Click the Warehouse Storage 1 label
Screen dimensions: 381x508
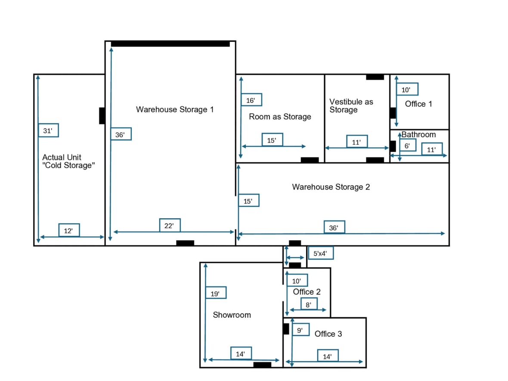(175, 109)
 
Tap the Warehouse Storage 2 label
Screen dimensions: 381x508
(331, 187)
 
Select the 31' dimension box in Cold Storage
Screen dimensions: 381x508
(48, 130)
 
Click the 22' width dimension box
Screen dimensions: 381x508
(170, 226)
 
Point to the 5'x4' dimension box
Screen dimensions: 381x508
(320, 253)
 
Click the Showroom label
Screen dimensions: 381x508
(232, 315)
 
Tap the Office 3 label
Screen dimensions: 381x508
(328, 334)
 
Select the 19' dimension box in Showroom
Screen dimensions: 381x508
(216, 293)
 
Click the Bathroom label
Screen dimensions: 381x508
(418, 134)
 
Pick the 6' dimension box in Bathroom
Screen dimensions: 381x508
(407, 146)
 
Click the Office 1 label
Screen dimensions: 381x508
(418, 104)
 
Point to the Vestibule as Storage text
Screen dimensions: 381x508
(351, 106)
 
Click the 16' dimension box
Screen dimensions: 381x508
(251, 100)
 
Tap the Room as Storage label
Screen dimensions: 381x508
(280, 117)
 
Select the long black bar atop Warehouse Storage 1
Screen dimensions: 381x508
(170, 44)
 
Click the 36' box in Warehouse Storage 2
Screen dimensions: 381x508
(334, 227)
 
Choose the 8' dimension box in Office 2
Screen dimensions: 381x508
(309, 304)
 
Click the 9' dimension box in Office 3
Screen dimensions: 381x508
(300, 331)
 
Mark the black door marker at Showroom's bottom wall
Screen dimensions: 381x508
(262, 365)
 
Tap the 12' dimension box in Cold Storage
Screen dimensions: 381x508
(68, 230)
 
